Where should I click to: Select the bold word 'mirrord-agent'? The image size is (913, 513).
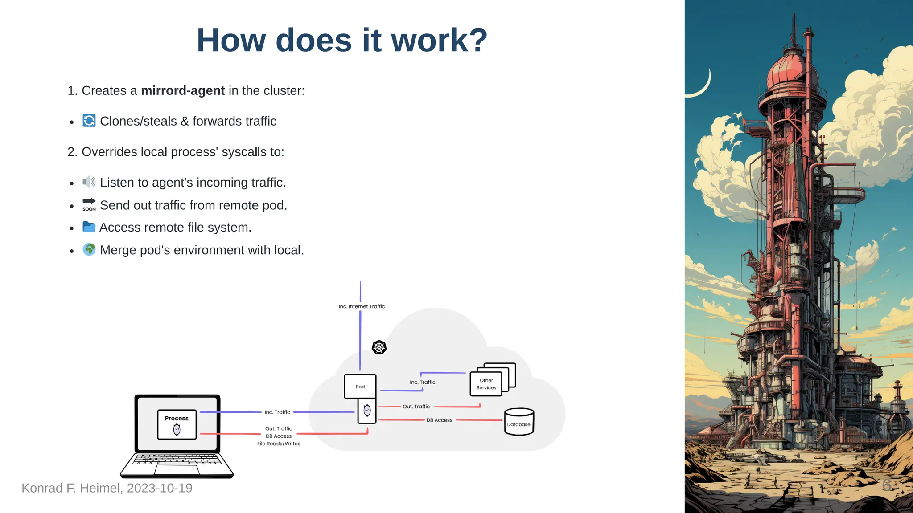[x=183, y=91]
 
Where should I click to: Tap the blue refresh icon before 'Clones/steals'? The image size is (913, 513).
[x=89, y=121]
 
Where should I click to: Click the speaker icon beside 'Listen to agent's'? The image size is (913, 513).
[x=89, y=182]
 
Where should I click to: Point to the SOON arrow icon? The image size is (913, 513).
[x=89, y=204]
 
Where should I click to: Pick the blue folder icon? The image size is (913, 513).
[x=89, y=227]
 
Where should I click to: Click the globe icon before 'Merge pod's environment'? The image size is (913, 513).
[x=89, y=249]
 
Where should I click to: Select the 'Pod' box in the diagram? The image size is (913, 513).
[x=360, y=387]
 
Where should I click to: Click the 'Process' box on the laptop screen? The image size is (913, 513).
[x=177, y=424]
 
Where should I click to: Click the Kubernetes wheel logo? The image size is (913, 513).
[x=379, y=347]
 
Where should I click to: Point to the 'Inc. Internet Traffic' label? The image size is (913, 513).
[x=362, y=306]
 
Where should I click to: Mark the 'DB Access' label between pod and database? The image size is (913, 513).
[x=439, y=420]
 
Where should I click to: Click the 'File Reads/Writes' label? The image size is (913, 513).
[x=279, y=444]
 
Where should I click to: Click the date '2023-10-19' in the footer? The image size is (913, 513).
[x=160, y=488]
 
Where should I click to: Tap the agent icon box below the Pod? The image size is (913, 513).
[x=367, y=411]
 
